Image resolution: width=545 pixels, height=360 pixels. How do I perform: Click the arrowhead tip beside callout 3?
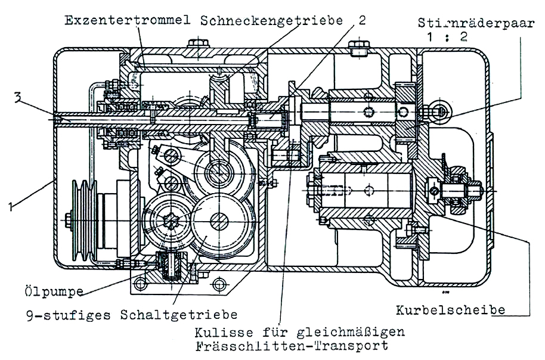pyautogui.click(x=58, y=120)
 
